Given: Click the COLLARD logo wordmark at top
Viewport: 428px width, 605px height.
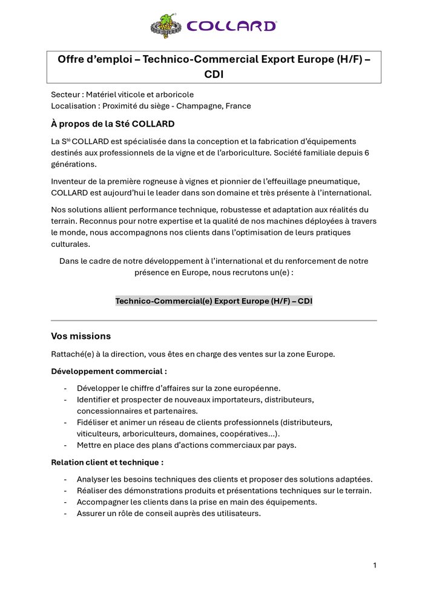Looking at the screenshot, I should (x=232, y=25).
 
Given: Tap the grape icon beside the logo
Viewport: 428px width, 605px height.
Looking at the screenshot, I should (x=164, y=25).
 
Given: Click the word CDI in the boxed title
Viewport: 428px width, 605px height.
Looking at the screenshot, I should (x=214, y=74).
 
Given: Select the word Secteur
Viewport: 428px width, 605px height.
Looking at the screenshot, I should (x=66, y=94).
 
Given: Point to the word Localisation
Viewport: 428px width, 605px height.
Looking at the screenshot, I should (x=74, y=106).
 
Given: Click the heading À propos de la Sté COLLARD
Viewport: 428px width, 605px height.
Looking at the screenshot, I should (x=113, y=124).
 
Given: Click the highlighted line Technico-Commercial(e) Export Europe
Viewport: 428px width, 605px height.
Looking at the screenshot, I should (x=214, y=301).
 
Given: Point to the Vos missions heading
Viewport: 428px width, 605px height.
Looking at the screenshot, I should (x=81, y=336).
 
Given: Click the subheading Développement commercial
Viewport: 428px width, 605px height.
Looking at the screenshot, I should (x=109, y=371).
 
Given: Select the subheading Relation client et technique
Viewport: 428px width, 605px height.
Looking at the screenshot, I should (x=107, y=462).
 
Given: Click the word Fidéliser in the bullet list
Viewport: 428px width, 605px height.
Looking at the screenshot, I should (x=93, y=422).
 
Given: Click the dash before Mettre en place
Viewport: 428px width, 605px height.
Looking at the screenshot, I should (x=65, y=445).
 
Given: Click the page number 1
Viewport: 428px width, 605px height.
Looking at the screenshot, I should (x=375, y=566).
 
